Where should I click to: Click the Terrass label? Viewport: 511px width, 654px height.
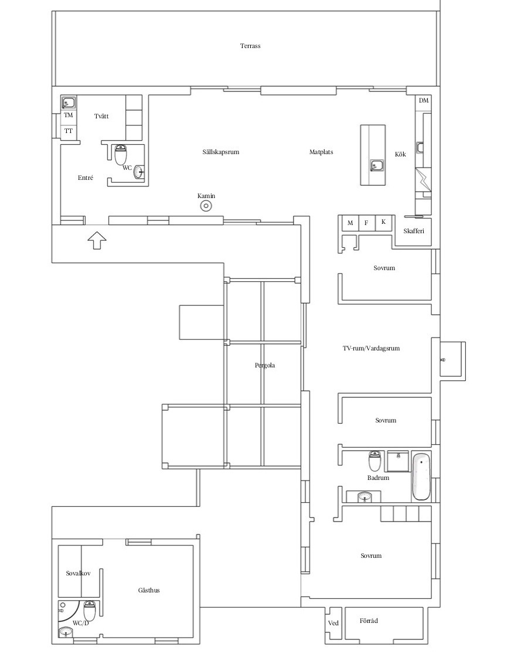click(x=250, y=46)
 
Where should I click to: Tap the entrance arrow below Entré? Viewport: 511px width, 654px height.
click(x=97, y=240)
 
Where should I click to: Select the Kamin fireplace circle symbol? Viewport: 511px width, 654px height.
click(x=206, y=206)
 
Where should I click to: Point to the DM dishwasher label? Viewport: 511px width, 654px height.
click(x=424, y=101)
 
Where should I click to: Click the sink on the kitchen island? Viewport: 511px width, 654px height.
click(x=377, y=166)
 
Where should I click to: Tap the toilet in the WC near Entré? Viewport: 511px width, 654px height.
click(x=121, y=155)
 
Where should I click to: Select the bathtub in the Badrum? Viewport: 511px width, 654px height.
click(x=421, y=477)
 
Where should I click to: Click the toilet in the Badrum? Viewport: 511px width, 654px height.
click(x=374, y=461)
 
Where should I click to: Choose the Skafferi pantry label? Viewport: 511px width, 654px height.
click(x=414, y=231)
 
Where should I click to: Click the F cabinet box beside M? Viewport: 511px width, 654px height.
click(x=367, y=223)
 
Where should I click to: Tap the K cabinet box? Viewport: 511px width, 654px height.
click(x=384, y=222)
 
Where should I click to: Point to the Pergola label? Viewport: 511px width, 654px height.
click(x=265, y=365)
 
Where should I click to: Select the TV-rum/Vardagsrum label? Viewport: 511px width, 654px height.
click(x=372, y=348)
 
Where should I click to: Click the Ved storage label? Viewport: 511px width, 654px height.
click(x=333, y=623)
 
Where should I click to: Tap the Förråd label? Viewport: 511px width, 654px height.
click(x=369, y=621)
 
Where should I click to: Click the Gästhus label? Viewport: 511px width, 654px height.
click(x=149, y=590)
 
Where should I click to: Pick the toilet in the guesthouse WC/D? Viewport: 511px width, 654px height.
click(x=90, y=611)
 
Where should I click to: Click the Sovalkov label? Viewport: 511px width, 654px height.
click(x=79, y=574)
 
